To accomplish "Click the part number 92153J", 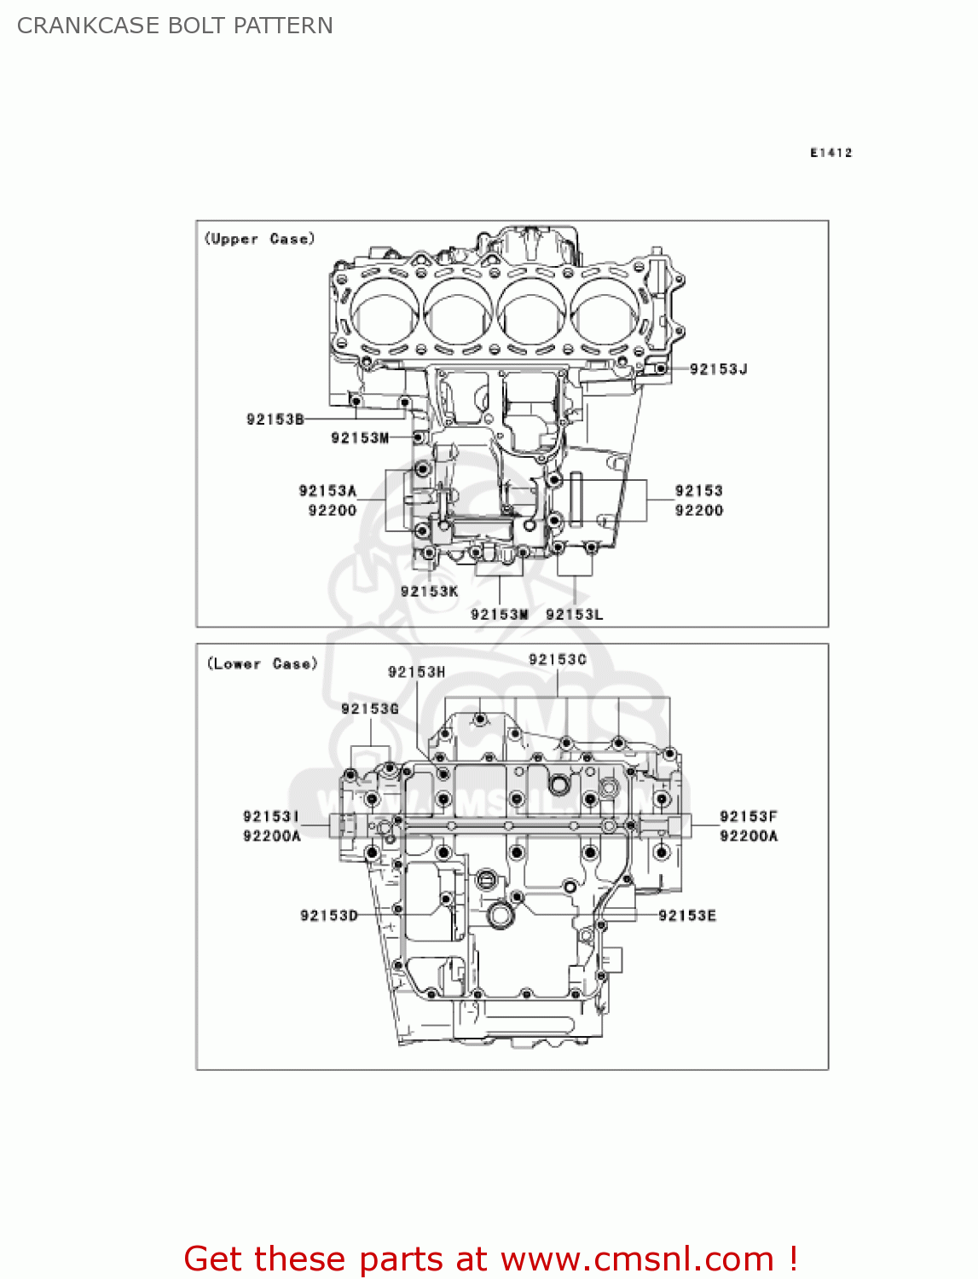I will click(718, 369).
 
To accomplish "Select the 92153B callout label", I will click(275, 420).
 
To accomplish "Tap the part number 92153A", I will click(327, 491).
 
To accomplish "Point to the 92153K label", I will click(429, 592).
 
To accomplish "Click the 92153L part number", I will click(574, 615).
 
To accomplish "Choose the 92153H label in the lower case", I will click(416, 673).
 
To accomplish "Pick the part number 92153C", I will click(558, 660).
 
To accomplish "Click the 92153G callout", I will click(370, 709).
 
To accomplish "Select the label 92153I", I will click(271, 817).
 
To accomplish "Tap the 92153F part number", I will click(749, 817).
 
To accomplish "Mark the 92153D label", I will click(329, 916).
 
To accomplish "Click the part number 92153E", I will click(687, 916).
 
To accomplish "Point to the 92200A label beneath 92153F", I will click(749, 836).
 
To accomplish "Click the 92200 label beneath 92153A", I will click(332, 511).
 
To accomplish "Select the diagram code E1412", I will click(830, 153).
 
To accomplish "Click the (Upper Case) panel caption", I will click(259, 240).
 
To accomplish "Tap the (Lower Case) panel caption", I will click(262, 664).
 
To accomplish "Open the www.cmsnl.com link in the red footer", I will click(637, 1259).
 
